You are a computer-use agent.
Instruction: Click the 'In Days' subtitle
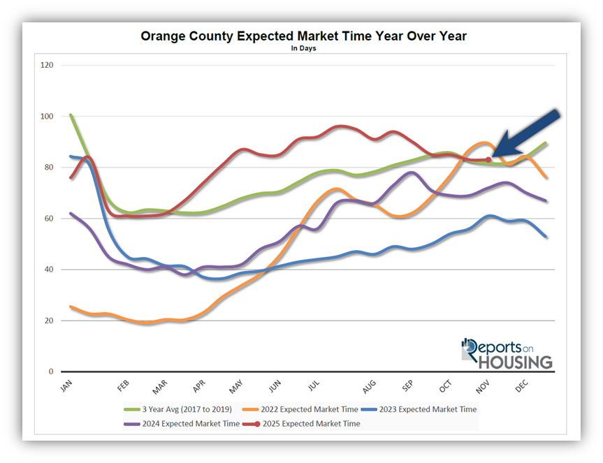pyautogui.click(x=303, y=49)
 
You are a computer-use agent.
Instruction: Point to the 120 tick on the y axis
pyautogui.click(x=48, y=66)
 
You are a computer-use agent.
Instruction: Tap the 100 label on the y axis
pyautogui.click(x=48, y=117)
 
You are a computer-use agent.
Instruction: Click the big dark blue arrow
pyautogui.click(x=528, y=133)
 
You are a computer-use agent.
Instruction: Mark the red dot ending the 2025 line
pyautogui.click(x=488, y=160)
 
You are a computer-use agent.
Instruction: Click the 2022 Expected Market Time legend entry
pyautogui.click(x=300, y=409)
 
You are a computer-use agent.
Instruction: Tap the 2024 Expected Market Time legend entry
pyautogui.click(x=182, y=423)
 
